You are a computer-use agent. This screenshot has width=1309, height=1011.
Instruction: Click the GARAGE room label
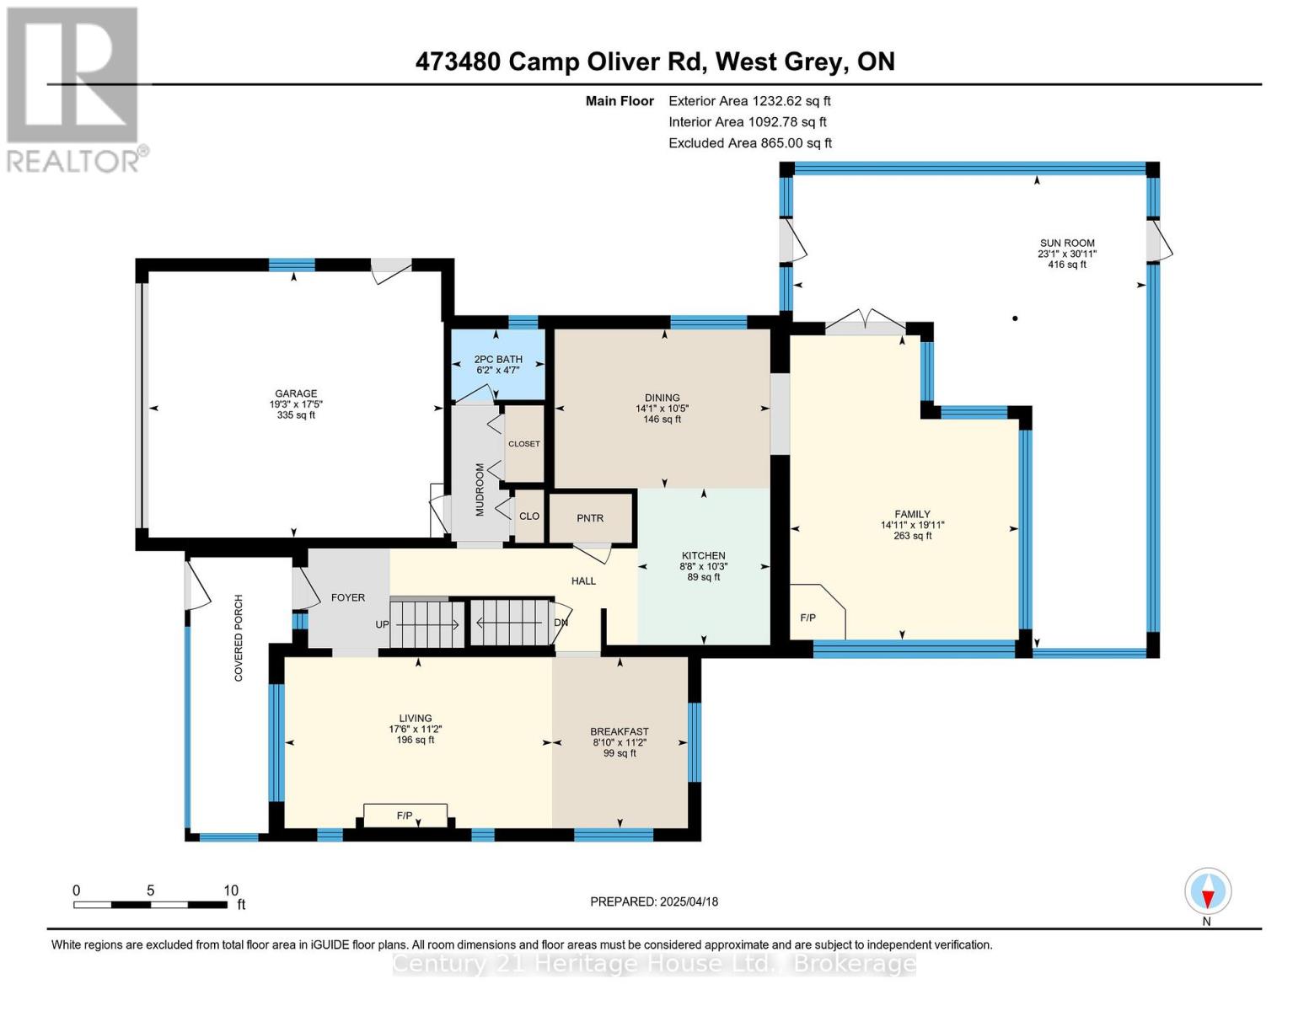point(295,393)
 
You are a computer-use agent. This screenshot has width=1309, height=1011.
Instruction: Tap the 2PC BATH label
point(497,359)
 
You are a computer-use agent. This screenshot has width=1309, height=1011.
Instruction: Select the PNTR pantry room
point(590,518)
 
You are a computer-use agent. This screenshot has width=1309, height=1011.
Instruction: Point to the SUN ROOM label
point(1067,243)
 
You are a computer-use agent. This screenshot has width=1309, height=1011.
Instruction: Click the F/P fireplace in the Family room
point(817,611)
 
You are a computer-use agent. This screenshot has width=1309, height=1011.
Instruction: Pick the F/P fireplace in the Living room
point(405,816)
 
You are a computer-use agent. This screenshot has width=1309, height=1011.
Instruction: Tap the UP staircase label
point(382,624)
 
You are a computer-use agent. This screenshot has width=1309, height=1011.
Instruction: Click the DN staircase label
point(561,623)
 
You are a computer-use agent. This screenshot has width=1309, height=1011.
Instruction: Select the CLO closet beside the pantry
point(528,516)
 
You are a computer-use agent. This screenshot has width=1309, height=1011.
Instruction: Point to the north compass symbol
point(1208,891)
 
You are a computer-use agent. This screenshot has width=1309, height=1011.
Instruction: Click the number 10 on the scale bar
point(231,891)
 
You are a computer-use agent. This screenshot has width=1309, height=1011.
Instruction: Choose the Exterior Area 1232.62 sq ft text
point(749,101)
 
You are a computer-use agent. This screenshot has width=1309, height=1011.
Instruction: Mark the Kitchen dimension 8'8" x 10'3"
point(703,567)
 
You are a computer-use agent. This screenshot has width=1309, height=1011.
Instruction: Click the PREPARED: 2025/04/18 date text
point(654,901)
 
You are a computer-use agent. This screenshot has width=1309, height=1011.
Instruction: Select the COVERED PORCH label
point(239,639)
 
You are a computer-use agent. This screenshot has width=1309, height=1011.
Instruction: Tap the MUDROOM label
point(480,489)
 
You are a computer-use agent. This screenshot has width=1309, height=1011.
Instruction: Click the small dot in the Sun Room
point(1015,318)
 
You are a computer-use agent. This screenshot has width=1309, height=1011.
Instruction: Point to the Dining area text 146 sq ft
point(662,419)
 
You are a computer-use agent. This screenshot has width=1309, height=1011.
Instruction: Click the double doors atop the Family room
point(865,322)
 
